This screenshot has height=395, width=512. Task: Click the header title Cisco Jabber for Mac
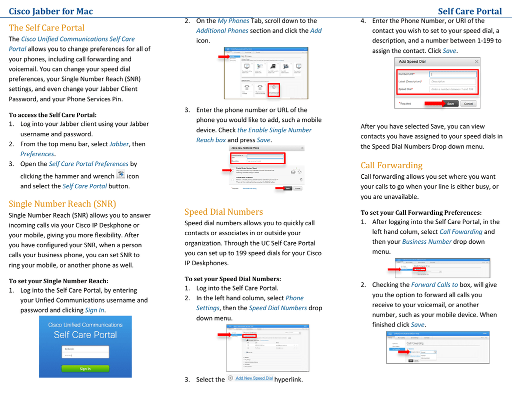50,11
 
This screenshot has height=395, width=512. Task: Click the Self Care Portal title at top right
469,11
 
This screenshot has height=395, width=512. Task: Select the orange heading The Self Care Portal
46,27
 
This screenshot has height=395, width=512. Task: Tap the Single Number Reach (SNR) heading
62,203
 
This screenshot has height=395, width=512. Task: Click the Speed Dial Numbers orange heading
223,212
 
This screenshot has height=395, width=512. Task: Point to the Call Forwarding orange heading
391,165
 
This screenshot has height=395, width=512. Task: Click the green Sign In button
85,369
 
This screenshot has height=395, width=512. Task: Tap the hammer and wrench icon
120,175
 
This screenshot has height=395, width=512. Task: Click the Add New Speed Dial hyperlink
253,379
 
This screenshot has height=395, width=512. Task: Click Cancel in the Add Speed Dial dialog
468,103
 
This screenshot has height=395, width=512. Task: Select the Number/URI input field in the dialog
452,74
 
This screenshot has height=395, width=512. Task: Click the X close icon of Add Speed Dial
476,61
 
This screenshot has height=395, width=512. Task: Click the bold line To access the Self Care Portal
52,115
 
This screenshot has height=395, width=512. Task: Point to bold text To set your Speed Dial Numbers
232,279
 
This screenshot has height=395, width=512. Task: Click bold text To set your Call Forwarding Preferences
421,212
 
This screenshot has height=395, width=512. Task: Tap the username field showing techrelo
85,348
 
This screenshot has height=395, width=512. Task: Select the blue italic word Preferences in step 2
37,154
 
